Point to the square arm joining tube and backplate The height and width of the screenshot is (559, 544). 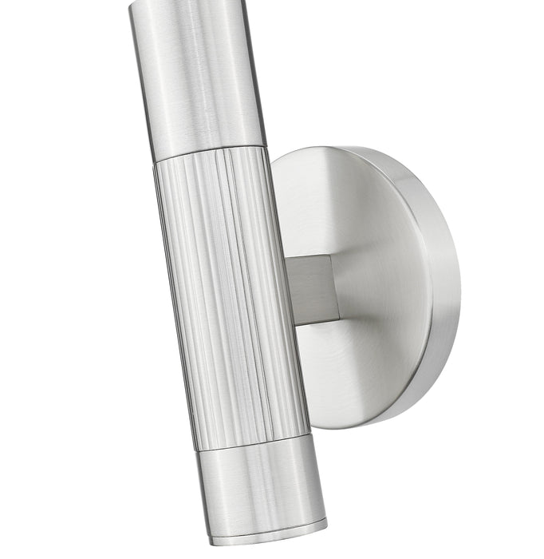(311, 288)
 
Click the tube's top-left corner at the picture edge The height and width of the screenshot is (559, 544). (130, 2)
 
